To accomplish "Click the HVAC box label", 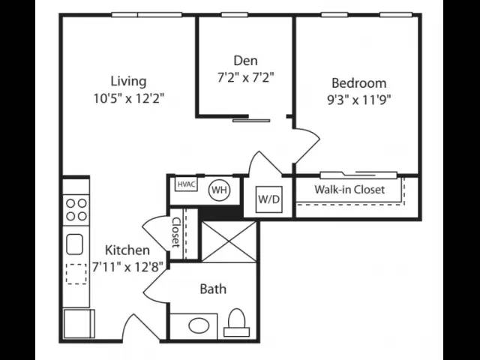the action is tap(186, 184).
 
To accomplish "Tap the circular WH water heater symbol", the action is tap(220, 190).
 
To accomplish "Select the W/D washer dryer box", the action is tap(269, 199).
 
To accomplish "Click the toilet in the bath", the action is tap(237, 322).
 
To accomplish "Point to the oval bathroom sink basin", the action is tap(199, 325).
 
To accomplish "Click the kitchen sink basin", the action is tap(75, 244).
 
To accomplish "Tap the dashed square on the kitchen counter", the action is tap(76, 274).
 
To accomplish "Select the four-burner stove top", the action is tap(76, 210).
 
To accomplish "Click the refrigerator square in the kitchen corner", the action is tap(79, 323).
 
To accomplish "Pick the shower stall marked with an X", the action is tap(229, 241).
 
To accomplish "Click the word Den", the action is tap(245, 61).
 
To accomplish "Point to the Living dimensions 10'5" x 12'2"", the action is tap(129, 98).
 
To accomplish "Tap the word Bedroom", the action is tap(359, 83).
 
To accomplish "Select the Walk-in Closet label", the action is tap(349, 190).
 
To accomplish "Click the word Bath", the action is tap(213, 289).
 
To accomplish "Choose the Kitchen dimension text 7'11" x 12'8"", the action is tap(127, 267).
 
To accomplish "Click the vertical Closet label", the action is tap(176, 232).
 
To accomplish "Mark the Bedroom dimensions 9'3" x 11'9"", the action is tap(359, 100).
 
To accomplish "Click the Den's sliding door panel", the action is tap(251, 121).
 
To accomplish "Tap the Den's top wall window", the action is tap(235, 15).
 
